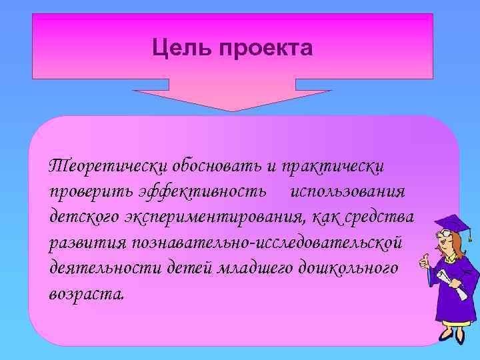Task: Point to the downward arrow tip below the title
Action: point(232,109)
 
